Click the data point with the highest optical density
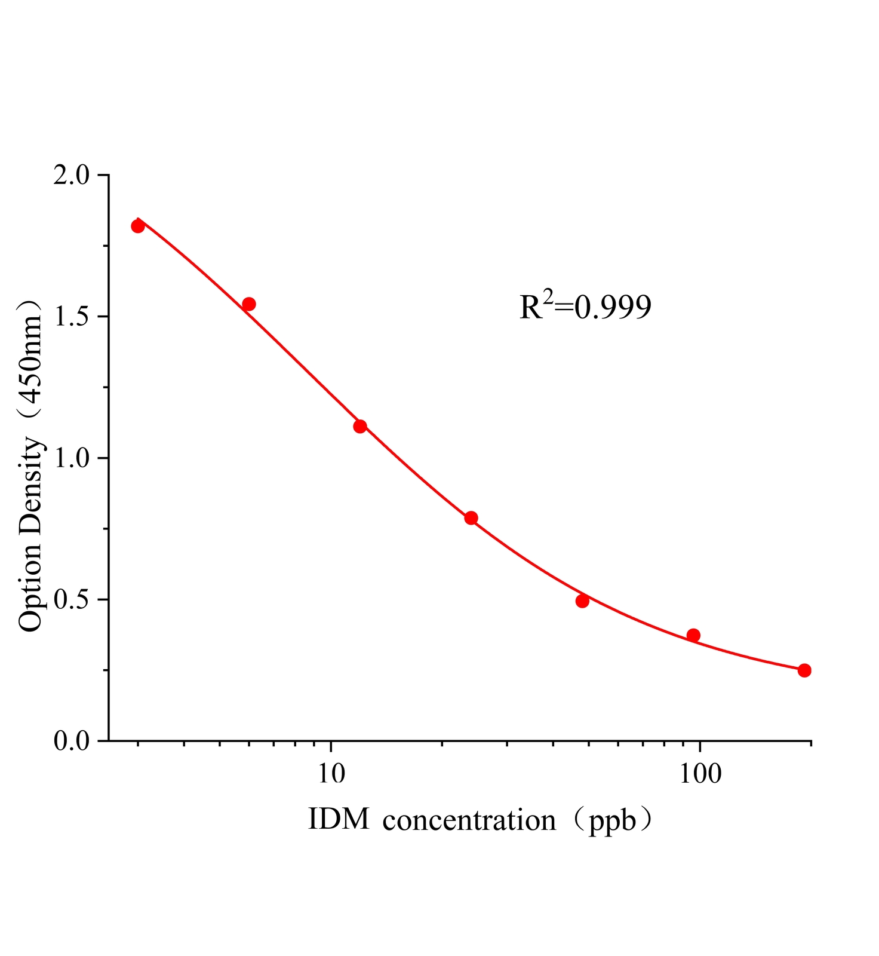pyautogui.click(x=138, y=226)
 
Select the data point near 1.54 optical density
pyautogui.click(x=249, y=304)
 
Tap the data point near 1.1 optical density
pyautogui.click(x=360, y=426)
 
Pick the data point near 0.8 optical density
pyautogui.click(x=471, y=518)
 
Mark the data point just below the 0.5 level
pyautogui.click(x=582, y=601)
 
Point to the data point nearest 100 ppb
pyautogui.click(x=693, y=635)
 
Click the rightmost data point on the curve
pyautogui.click(x=804, y=670)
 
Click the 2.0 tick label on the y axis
pyautogui.click(x=71, y=176)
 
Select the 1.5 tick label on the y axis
pyautogui.click(x=71, y=317)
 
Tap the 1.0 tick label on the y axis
pyautogui.click(x=71, y=459)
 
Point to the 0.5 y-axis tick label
pyautogui.click(x=71, y=600)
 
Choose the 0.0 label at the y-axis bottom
pyautogui.click(x=71, y=741)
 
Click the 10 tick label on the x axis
pyautogui.click(x=331, y=774)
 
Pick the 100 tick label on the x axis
pyautogui.click(x=699, y=774)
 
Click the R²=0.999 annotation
pyautogui.click(x=585, y=307)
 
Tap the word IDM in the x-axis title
pyautogui.click(x=339, y=820)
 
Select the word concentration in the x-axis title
pyautogui.click(x=469, y=821)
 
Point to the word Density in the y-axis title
pyautogui.click(x=31, y=485)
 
